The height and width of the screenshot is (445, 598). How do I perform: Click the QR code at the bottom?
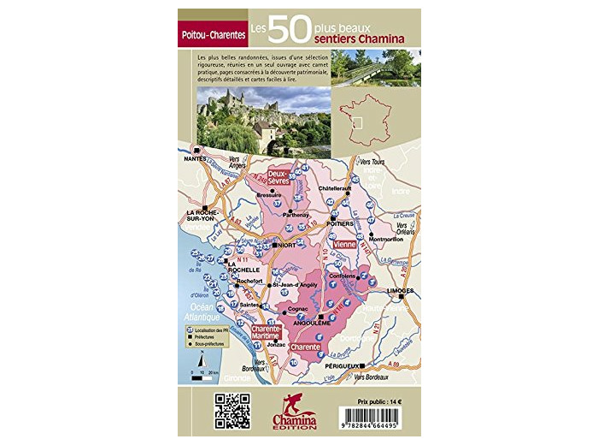232,410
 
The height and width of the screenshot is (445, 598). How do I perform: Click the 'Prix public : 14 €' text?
378,400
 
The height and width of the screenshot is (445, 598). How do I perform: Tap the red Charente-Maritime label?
272,332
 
